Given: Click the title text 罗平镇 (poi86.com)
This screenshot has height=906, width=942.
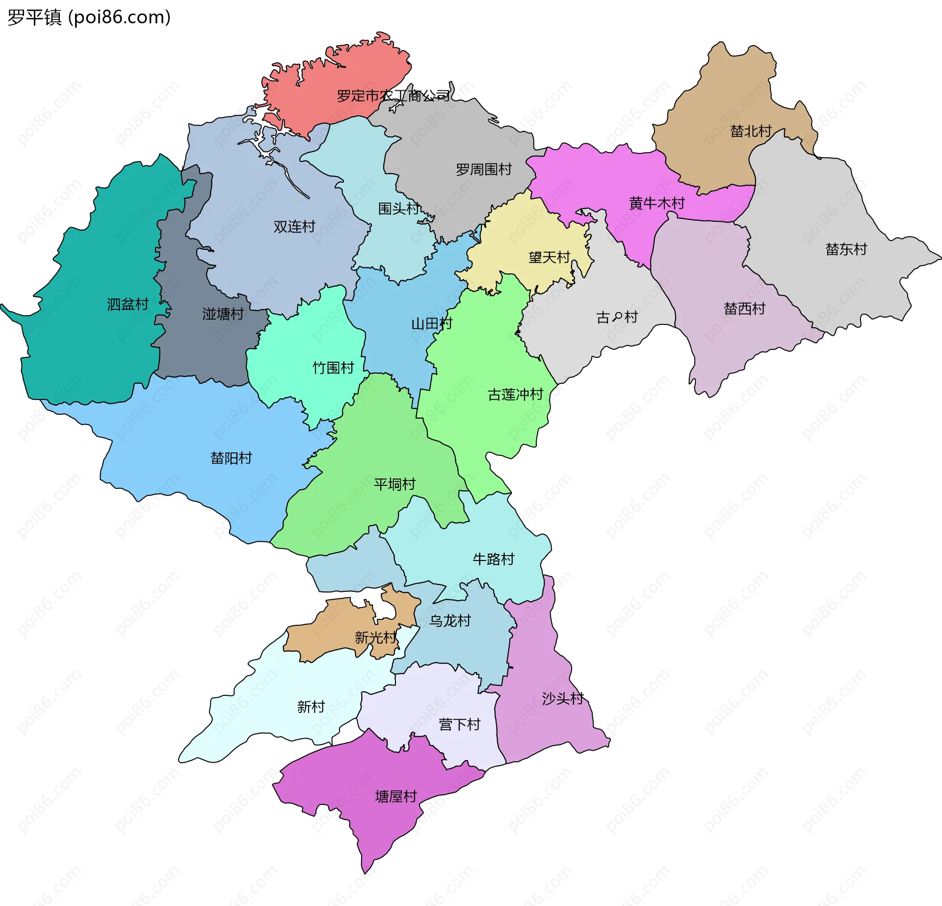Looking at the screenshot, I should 89,17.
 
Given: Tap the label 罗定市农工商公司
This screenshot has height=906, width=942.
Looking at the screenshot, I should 393,96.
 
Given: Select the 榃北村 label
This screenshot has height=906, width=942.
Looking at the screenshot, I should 751,131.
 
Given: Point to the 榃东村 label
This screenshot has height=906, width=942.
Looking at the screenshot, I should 846,249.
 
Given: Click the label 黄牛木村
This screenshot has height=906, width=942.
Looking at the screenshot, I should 656,203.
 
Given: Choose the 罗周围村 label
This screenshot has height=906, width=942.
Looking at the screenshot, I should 483,170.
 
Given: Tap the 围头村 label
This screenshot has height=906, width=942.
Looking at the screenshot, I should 399,209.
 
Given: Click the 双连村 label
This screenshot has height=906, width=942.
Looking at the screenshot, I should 294,227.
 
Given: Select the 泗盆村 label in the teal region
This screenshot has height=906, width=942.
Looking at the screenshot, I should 128,304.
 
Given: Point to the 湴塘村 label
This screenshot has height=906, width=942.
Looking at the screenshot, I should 223,314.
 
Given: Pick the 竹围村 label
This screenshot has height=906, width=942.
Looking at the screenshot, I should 333,368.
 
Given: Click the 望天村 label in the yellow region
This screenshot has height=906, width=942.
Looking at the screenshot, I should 549,257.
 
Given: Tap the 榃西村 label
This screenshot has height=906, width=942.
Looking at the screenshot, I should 744,309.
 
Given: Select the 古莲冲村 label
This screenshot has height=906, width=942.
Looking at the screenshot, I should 515,395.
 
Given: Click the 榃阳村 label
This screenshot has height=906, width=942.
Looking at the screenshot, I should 231,458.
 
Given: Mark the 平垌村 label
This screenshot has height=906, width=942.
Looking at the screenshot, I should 394,484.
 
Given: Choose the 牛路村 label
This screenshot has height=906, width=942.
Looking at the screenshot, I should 493,559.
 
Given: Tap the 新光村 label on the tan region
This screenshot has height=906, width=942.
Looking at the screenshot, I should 375,638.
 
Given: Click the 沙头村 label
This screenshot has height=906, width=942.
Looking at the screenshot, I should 562,698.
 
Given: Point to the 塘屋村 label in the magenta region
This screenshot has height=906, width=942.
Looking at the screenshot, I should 395,796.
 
